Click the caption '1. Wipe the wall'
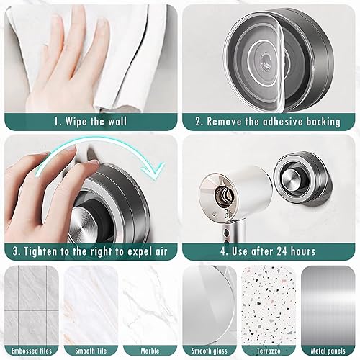click(90, 122)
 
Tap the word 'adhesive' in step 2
click(283, 122)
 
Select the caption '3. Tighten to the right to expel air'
click(90, 251)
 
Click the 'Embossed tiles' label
click(32, 351)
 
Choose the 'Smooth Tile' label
click(91, 351)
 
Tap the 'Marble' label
click(150, 351)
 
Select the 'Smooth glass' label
click(210, 351)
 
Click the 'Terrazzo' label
click(269, 351)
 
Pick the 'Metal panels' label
click(328, 351)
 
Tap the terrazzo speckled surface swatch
click(269, 305)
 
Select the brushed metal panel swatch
click(328, 305)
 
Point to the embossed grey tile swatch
click(32, 305)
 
